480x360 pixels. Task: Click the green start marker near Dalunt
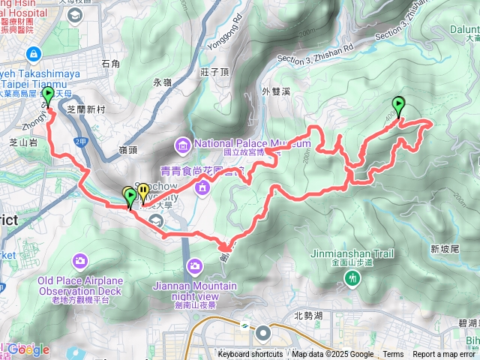point(397,106)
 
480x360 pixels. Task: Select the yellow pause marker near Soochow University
point(142,193)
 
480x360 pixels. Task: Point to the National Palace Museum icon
point(183,144)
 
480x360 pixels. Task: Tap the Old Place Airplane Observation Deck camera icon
point(79,260)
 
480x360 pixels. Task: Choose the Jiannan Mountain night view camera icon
point(195,265)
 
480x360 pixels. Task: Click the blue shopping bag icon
point(34,54)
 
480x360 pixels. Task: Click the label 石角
point(110,64)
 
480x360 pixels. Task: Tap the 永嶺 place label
point(163,82)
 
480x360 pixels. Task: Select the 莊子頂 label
point(214,73)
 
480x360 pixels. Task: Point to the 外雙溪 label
point(275,92)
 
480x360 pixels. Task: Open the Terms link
point(393,354)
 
